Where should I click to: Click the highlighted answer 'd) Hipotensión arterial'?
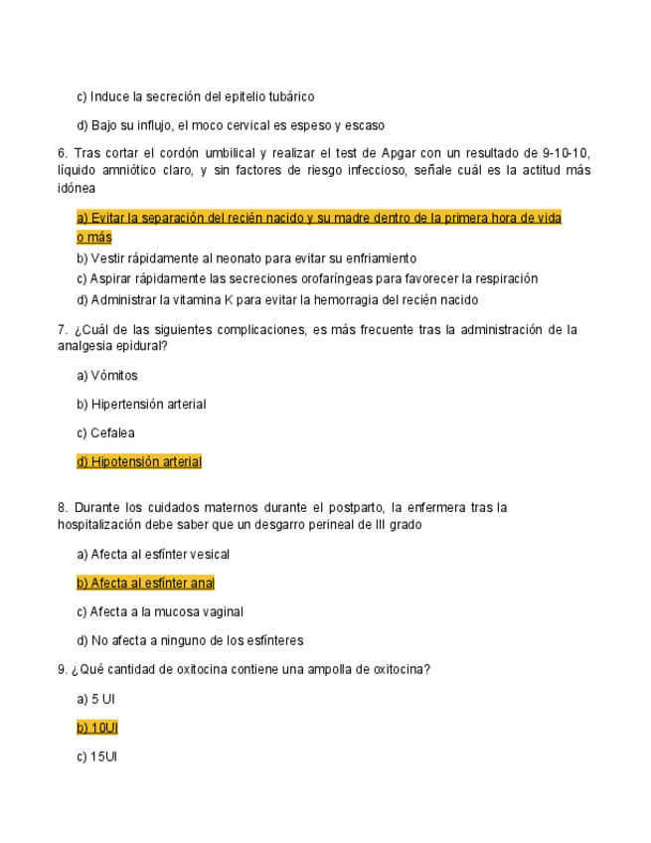(139, 462)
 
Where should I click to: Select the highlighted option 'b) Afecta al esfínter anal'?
(145, 584)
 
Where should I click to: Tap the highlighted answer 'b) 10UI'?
(97, 729)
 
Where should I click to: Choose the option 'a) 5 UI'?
(96, 700)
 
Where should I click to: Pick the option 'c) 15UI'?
(97, 758)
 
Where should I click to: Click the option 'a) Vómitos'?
(107, 376)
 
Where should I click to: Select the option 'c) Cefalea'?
(105, 433)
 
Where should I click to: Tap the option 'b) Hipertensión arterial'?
(141, 405)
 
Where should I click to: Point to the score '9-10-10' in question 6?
(567, 153)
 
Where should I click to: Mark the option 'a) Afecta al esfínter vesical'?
(153, 555)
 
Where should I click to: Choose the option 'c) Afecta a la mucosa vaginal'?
(160, 612)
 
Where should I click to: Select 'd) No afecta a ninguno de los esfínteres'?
(190, 641)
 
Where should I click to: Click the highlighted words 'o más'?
(94, 238)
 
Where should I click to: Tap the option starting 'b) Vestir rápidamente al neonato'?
(246, 258)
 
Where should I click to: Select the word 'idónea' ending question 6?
(78, 187)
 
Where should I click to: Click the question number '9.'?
(64, 670)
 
